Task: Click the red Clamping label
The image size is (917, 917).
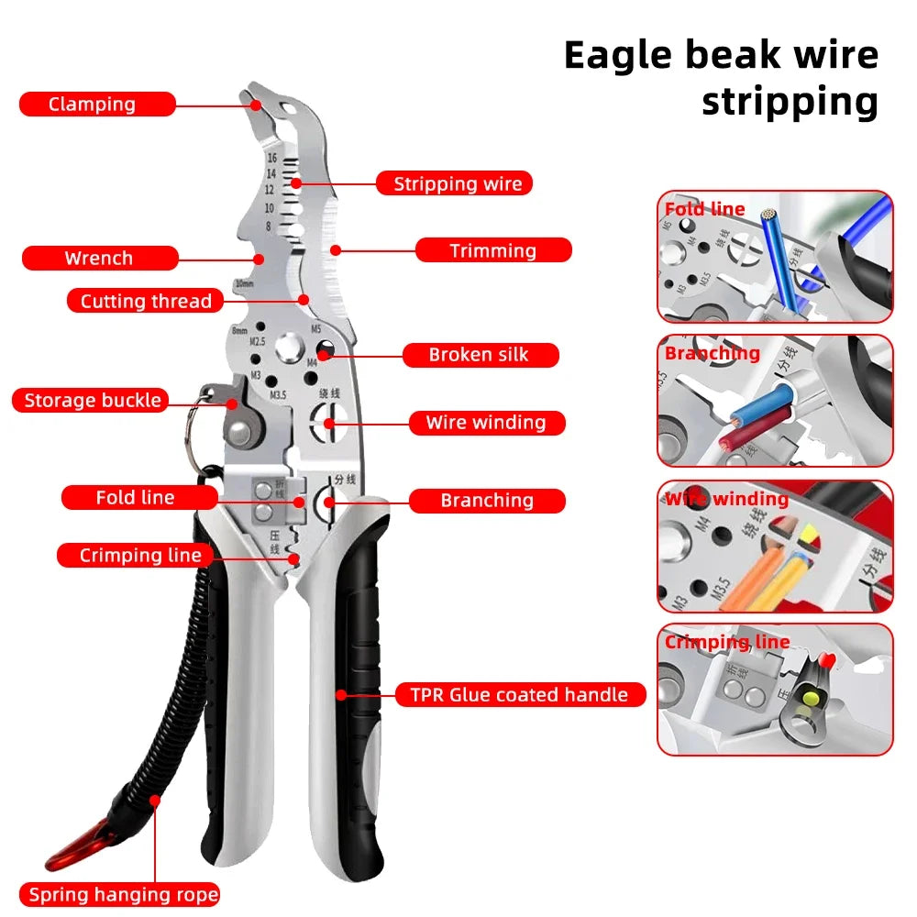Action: coord(96,105)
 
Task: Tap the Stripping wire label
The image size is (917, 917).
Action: coord(456,183)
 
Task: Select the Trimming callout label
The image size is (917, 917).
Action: coord(493,250)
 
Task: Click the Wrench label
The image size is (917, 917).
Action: coord(99,259)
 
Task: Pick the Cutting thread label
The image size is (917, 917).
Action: coord(145,301)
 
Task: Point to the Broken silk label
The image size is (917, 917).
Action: coord(479,355)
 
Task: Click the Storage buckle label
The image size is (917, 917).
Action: coord(92,401)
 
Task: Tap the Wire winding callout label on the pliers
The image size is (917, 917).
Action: coord(485,423)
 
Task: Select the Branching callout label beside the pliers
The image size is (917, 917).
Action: coord(486,501)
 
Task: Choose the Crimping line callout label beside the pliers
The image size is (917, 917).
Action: coord(139,556)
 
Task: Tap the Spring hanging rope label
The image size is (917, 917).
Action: coord(123,895)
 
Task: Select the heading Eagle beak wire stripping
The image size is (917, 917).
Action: coord(721,79)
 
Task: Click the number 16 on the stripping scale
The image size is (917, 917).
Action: coord(271,159)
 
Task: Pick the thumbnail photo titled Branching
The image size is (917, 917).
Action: coord(775,401)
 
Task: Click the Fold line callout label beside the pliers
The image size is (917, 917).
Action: coord(135,498)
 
